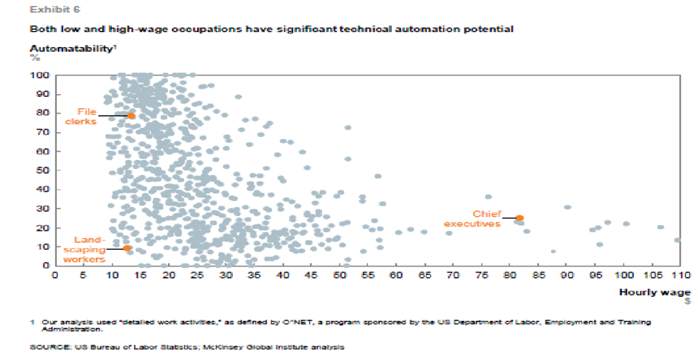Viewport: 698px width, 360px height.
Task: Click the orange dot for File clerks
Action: (131, 116)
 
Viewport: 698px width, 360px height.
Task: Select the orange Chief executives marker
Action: (519, 218)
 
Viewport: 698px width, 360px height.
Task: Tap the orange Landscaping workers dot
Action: (127, 248)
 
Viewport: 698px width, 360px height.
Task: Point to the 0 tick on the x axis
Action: (55, 276)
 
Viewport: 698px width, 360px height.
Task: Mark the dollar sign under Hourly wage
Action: (687, 301)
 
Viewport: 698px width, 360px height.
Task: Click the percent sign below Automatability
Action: (33, 58)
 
